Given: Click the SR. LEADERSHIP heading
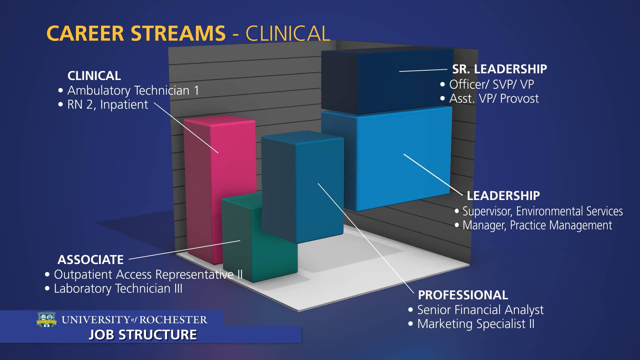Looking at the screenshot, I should [x=499, y=69].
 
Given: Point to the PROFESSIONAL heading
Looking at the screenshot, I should [x=463, y=295].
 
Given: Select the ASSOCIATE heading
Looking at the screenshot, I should [x=90, y=260].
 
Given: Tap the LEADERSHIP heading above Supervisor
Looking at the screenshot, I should [x=503, y=196].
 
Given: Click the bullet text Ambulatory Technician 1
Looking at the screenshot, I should [x=133, y=90].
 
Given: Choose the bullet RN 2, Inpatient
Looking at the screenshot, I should [x=107, y=105].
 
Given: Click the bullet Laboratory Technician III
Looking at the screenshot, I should [x=118, y=289].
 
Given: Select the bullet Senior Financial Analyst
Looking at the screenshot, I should [x=480, y=310].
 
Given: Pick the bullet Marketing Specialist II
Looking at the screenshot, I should [x=476, y=324].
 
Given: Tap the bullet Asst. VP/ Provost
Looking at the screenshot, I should [x=494, y=99].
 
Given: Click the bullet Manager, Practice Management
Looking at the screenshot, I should [x=537, y=225].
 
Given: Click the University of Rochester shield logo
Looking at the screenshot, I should [x=47, y=320].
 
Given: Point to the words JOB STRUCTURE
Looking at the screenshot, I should [x=143, y=335].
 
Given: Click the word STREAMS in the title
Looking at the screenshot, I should [x=178, y=33].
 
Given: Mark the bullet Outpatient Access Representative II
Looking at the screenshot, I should [x=148, y=275].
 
